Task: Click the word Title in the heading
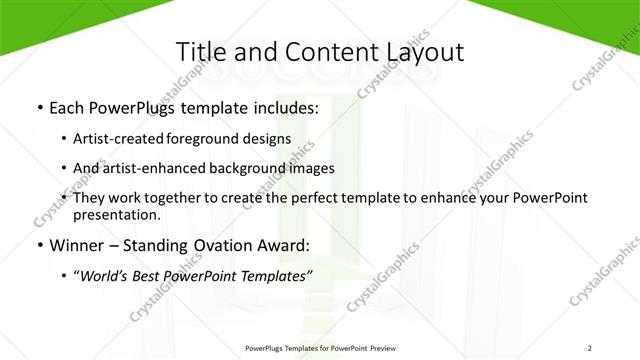pyautogui.click(x=201, y=52)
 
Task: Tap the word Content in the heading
pyautogui.click(x=322, y=52)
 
